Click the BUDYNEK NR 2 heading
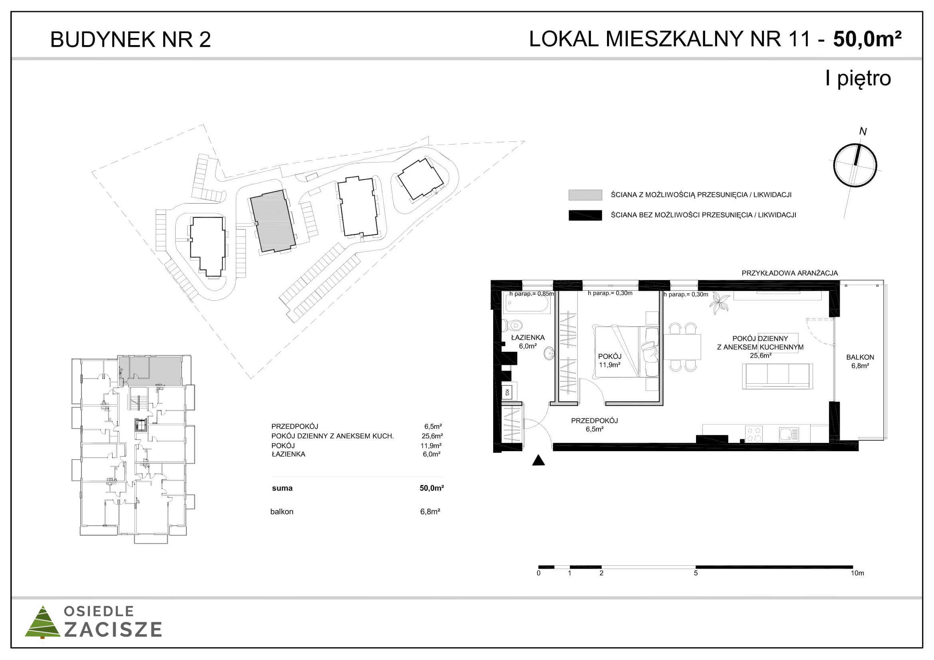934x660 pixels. pyautogui.click(x=130, y=40)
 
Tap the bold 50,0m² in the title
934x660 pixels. pyautogui.click(x=867, y=39)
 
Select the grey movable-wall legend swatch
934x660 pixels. pyautogui.click(x=585, y=195)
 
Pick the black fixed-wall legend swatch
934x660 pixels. pyautogui.click(x=585, y=215)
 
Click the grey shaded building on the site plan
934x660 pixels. pyautogui.click(x=273, y=222)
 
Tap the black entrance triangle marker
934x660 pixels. pyautogui.click(x=538, y=460)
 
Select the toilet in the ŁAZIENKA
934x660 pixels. pyautogui.click(x=512, y=325)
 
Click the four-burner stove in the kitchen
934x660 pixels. pyautogui.click(x=754, y=434)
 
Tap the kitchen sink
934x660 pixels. pyautogui.click(x=789, y=434)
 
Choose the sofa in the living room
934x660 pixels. pyautogui.click(x=777, y=376)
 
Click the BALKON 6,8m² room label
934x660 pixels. pyautogui.click(x=860, y=361)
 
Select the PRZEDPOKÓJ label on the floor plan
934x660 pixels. pyautogui.click(x=594, y=420)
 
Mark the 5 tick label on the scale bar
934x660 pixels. pyautogui.click(x=696, y=573)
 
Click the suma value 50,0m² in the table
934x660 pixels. pyautogui.click(x=432, y=488)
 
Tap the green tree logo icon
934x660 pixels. pyautogui.click(x=43, y=622)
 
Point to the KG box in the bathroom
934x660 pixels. pyautogui.click(x=507, y=392)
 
